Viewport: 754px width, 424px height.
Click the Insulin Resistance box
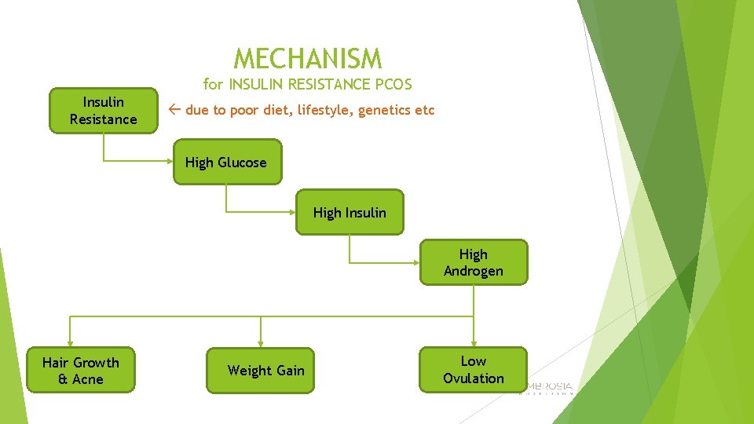point(103,111)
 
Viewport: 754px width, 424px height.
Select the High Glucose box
point(226,163)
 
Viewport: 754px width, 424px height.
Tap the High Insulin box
point(350,212)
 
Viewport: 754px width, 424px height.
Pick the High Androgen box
point(473,262)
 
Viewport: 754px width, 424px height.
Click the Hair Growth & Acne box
point(81,371)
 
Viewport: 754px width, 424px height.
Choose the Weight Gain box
point(260,371)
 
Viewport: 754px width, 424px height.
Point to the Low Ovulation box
point(473,370)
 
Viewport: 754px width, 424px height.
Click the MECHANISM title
point(308,59)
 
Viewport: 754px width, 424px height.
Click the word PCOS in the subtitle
point(390,83)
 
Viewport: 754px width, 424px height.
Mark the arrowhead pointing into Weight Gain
point(260,343)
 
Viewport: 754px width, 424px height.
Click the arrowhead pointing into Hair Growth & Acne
point(71,343)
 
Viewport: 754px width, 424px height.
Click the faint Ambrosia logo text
point(550,387)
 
